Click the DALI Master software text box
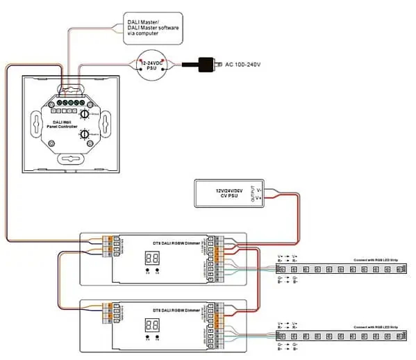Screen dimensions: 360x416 click(x=153, y=26)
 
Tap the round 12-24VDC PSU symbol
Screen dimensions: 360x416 click(x=153, y=66)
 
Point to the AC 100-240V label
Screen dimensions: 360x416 click(x=242, y=65)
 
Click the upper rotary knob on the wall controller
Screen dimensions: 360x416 click(x=85, y=113)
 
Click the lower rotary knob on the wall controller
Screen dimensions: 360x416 click(x=85, y=134)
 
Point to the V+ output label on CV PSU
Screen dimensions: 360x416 click(x=259, y=197)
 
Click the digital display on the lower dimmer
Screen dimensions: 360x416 click(x=153, y=324)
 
